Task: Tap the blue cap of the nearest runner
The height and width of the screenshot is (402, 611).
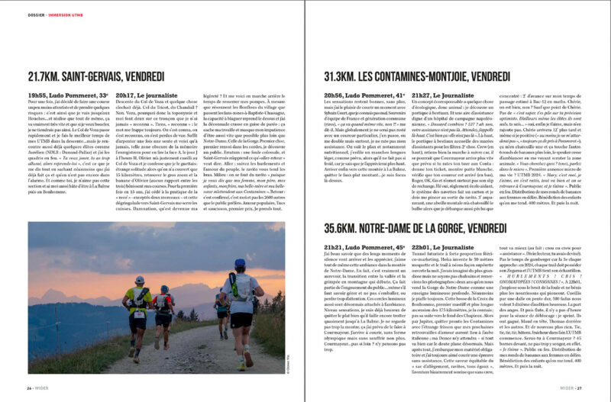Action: (x=239, y=264)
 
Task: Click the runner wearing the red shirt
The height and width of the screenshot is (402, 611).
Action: (x=163, y=308)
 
